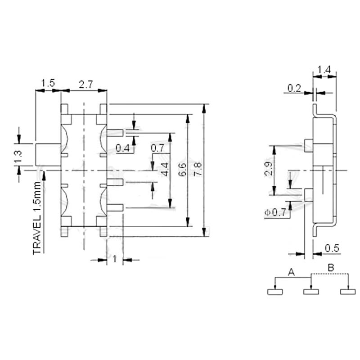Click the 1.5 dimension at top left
click(48, 83)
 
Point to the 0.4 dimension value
click(122, 148)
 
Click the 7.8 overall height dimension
click(199, 169)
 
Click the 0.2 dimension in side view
click(294, 89)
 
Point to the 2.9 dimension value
click(269, 168)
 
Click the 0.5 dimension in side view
click(332, 248)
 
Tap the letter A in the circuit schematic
click(291, 272)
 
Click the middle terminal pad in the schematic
click(311, 292)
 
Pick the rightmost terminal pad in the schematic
click(348, 292)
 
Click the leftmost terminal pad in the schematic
click(275, 292)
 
